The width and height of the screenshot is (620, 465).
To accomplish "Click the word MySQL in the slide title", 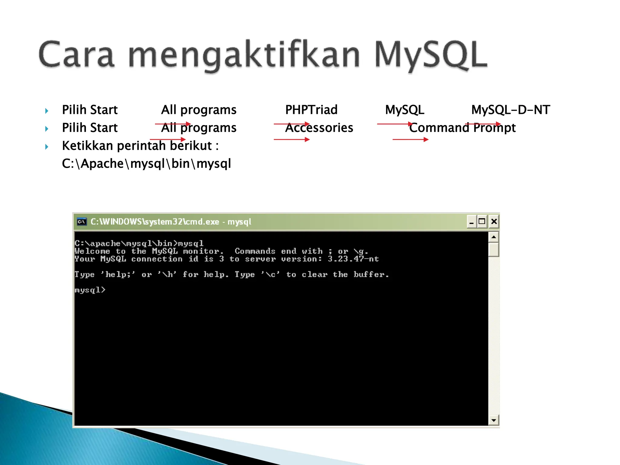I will coord(430,54).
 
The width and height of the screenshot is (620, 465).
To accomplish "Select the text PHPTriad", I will coord(311,110).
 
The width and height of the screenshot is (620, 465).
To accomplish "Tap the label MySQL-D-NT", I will coord(510,110).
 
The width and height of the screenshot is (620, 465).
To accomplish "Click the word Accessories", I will coord(319,128).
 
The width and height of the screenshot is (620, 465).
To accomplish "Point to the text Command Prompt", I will coord(462,128).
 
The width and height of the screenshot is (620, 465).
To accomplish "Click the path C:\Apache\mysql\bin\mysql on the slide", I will coord(146,163).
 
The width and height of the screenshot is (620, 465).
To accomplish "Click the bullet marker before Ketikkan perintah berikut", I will coord(47,147).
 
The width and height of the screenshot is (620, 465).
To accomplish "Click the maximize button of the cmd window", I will coord(482,222).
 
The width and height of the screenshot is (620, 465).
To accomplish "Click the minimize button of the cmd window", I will coord(471,222).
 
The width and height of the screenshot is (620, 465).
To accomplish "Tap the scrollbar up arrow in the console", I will coord(493,237).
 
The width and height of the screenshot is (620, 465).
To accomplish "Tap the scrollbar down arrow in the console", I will coord(493,420).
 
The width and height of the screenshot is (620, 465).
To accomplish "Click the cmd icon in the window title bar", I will coord(81,222).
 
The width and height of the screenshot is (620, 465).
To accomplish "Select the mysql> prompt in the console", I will coord(90,290).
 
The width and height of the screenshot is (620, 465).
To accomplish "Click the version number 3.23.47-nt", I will coord(353,259).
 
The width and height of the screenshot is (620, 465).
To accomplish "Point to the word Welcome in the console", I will coord(92,251).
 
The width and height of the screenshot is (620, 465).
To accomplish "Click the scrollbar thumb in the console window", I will coord(493,249).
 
